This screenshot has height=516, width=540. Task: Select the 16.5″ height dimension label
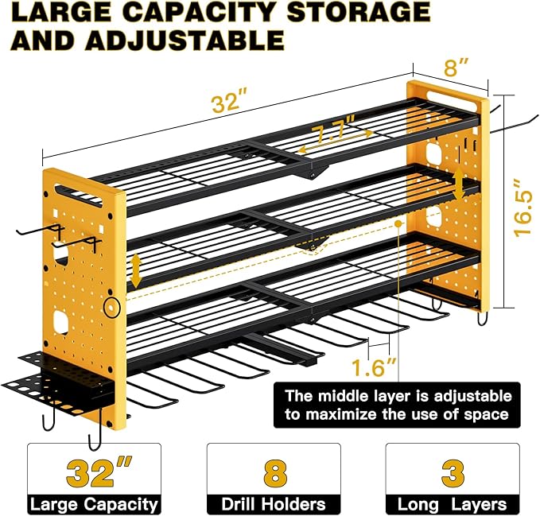pos(519,196)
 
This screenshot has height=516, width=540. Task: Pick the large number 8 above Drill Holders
pos(273,472)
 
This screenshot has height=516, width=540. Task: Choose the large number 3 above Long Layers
pos(452,472)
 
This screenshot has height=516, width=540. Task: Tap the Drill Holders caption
pos(273,504)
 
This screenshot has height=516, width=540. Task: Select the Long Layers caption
pos(452,504)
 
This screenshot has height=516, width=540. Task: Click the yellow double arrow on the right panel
pos(460,186)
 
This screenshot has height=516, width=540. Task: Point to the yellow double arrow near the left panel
pos(136,270)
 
